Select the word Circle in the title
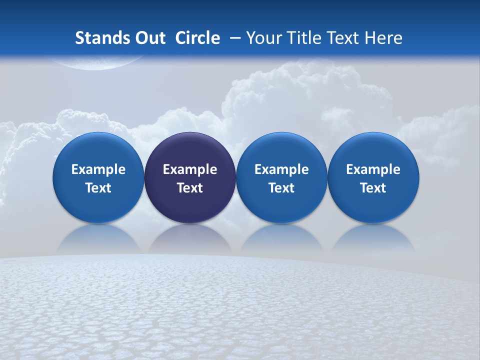coord(197,38)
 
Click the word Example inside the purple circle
coord(190,169)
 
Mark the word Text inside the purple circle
coord(190,188)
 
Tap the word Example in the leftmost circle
coord(98,169)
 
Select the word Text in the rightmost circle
coord(373,188)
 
